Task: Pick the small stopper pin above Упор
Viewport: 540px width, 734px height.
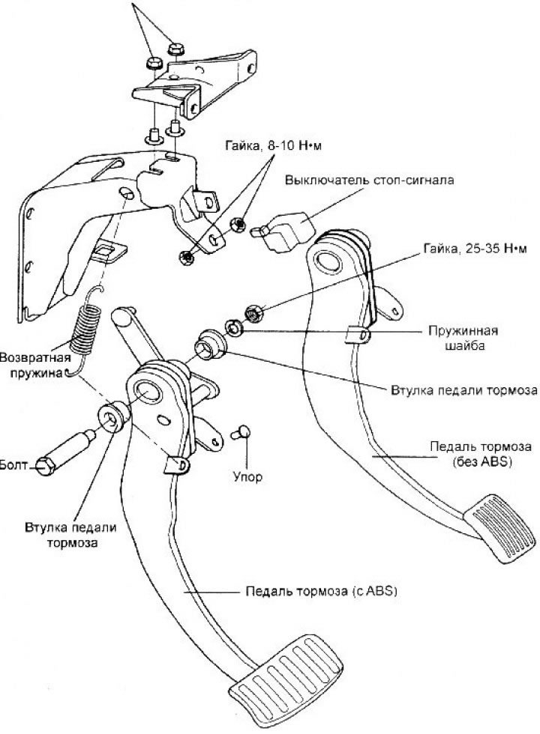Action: point(241,432)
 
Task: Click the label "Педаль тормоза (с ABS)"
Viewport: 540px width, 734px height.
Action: point(320,591)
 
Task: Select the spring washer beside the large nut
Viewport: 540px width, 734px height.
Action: point(234,327)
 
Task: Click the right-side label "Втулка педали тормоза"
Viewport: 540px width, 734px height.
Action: point(464,390)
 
